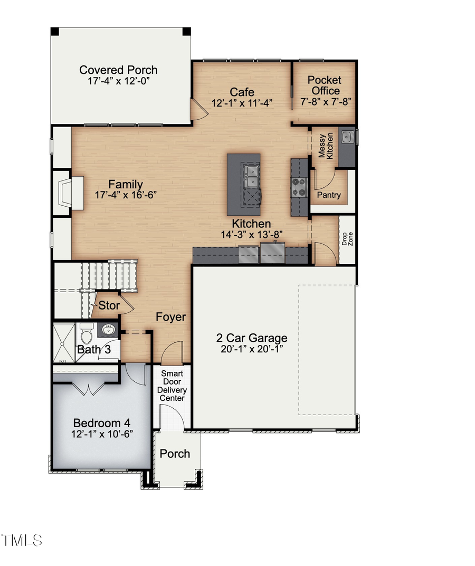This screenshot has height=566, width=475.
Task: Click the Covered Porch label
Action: click(x=118, y=70)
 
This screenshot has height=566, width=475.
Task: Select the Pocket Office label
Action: click(x=324, y=85)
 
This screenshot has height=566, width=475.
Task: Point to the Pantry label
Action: click(x=328, y=195)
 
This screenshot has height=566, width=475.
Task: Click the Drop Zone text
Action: click(x=347, y=239)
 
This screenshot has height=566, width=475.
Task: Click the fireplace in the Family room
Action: click(x=68, y=194)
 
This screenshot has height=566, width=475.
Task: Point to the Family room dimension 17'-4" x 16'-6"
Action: click(x=126, y=195)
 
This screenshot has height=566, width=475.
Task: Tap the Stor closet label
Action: click(x=109, y=305)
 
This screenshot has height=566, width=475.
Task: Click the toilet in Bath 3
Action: click(x=86, y=334)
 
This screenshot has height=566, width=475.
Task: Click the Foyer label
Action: click(x=170, y=316)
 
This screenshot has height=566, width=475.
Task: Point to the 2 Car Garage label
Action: click(x=252, y=338)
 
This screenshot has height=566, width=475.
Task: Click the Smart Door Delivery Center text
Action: click(x=173, y=386)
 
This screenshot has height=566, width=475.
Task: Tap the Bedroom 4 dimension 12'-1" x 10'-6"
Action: click(x=102, y=434)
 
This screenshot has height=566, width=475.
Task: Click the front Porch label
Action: click(x=175, y=454)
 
